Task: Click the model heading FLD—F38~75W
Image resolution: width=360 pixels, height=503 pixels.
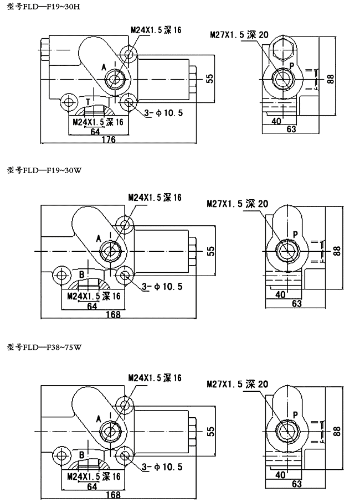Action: tap(45, 348)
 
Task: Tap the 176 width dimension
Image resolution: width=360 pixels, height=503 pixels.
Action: tap(109, 139)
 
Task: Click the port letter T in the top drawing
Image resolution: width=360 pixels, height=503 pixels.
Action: tap(88, 101)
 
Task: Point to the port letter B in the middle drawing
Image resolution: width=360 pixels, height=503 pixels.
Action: tap(81, 274)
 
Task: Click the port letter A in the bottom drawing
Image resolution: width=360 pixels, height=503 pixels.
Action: tap(99, 417)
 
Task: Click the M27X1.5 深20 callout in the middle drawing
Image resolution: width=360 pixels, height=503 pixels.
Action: tap(237, 204)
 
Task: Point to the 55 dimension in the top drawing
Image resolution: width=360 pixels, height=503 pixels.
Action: tap(209, 78)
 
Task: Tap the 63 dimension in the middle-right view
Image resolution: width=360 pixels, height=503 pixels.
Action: tap(296, 304)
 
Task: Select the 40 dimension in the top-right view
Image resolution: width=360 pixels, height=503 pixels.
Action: tap(277, 121)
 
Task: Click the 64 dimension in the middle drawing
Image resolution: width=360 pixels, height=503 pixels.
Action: tap(92, 305)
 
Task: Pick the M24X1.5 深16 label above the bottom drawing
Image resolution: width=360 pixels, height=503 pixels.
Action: tap(155, 377)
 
